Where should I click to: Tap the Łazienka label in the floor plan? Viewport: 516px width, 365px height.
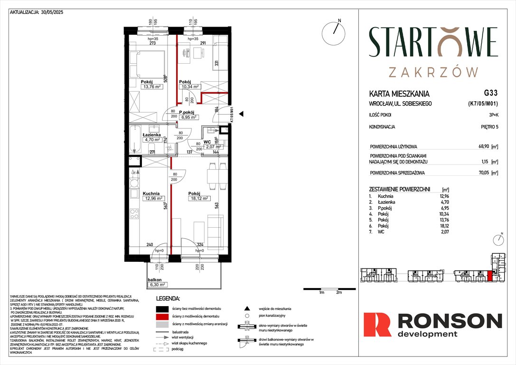[153, 134]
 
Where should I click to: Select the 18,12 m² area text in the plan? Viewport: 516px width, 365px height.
[199, 199]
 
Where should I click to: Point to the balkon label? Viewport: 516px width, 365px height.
[154, 279]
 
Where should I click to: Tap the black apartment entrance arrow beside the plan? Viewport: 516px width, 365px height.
[241, 114]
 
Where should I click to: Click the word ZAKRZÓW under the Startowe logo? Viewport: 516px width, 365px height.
[433, 72]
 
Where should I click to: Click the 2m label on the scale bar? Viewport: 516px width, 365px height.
[339, 293]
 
